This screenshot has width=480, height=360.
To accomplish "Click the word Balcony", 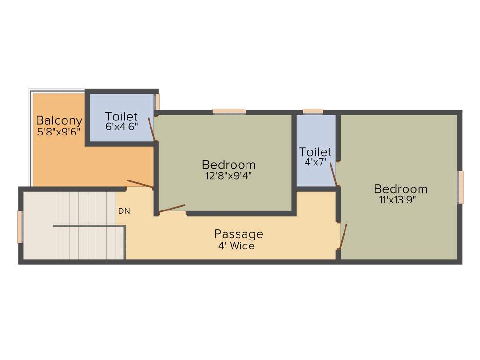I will (x=59, y=121).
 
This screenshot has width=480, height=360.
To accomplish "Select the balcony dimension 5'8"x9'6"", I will (x=59, y=131).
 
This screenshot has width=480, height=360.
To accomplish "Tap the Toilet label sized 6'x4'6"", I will (x=121, y=116).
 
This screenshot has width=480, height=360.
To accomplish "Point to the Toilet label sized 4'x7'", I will (x=315, y=152).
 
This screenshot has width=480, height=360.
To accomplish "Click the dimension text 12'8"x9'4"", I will (x=228, y=176).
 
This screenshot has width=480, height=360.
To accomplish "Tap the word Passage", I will (x=239, y=233).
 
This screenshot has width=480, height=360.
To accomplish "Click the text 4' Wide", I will (x=236, y=246).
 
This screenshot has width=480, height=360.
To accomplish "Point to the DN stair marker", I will (x=124, y=211).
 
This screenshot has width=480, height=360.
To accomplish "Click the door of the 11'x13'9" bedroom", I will (x=343, y=236).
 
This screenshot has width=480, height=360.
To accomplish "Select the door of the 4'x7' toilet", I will (x=333, y=174).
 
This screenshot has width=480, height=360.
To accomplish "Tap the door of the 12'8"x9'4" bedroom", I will (x=172, y=209).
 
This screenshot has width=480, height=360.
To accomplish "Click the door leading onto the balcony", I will (x=140, y=184).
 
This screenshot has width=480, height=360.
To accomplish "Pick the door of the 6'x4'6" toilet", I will (x=151, y=129).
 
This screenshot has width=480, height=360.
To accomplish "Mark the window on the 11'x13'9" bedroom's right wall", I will (x=461, y=187).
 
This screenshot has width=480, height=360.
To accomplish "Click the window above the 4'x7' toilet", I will (x=313, y=112).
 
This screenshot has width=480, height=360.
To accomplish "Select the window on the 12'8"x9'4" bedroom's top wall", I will (x=229, y=112).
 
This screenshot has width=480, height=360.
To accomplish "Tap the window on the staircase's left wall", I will (x=20, y=227).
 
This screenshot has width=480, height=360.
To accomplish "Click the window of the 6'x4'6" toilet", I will (x=157, y=102).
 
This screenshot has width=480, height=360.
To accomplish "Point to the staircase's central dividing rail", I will (x=89, y=226).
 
